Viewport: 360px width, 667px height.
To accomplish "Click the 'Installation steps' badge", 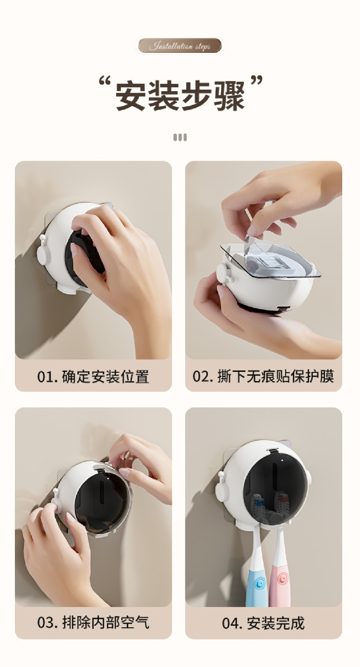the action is point(180,46).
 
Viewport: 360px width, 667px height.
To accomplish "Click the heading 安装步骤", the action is point(180,96).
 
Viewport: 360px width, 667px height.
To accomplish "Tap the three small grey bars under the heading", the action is point(180,137).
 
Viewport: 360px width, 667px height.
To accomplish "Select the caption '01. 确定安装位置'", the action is point(93,376).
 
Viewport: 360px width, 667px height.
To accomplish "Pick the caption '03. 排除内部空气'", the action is point(93,622).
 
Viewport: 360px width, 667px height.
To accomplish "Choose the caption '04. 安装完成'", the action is point(263,623).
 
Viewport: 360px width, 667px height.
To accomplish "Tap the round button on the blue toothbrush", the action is point(261,582).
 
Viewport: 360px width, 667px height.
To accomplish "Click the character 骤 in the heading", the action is point(229,96).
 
